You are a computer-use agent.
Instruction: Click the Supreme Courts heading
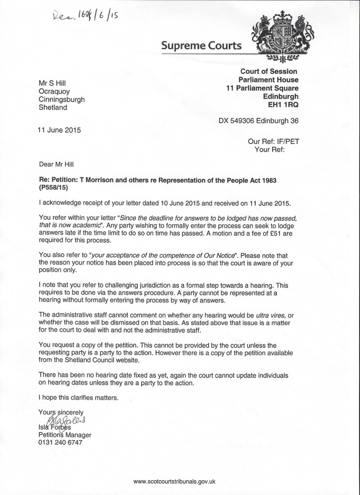pos(201,45)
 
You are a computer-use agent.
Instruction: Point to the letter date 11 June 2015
pos(60,130)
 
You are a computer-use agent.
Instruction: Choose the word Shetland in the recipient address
pos(53,108)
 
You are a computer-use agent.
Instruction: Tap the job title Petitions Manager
pos(65,435)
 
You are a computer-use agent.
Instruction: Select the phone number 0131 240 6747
pos(60,443)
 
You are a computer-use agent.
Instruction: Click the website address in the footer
pos(175,481)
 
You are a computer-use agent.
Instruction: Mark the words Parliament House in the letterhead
pos(268,80)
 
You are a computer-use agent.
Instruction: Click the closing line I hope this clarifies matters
pos(79,397)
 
